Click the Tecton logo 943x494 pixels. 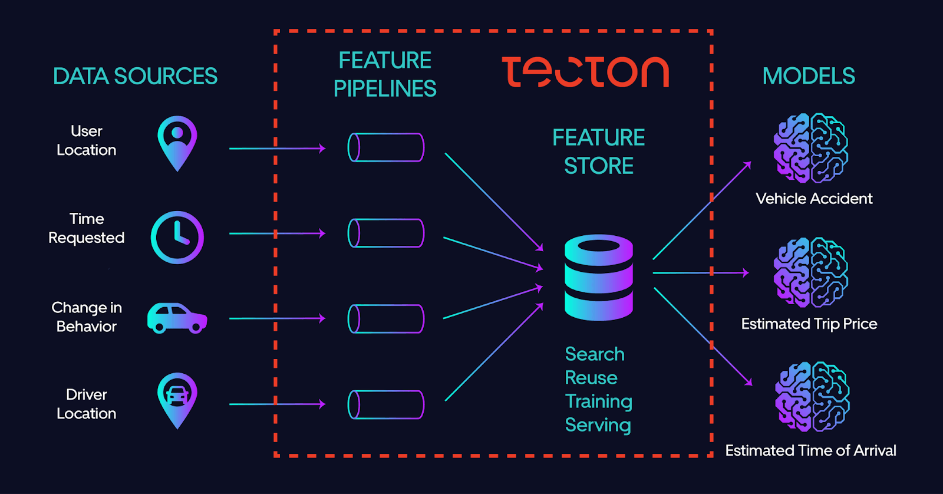pos(585,72)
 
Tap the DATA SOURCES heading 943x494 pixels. pos(135,77)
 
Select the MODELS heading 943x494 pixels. pos(808,76)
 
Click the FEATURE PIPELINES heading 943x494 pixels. pos(385,74)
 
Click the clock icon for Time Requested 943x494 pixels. pos(177,237)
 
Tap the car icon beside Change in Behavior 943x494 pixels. pos(177,318)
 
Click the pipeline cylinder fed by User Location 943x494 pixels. pos(386,147)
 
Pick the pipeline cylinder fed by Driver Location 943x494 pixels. pos(386,404)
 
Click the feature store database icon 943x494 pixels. pos(598,278)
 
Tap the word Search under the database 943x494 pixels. pos(594,354)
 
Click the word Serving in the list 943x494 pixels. pos(598,425)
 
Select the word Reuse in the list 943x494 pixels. pos(591,377)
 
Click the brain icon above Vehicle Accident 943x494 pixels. pos(810,148)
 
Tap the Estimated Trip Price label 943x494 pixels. pos(809,324)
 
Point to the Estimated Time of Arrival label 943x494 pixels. pos(810,450)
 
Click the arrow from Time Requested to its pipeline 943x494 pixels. pos(277,233)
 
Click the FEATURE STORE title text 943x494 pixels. pos(598,152)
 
